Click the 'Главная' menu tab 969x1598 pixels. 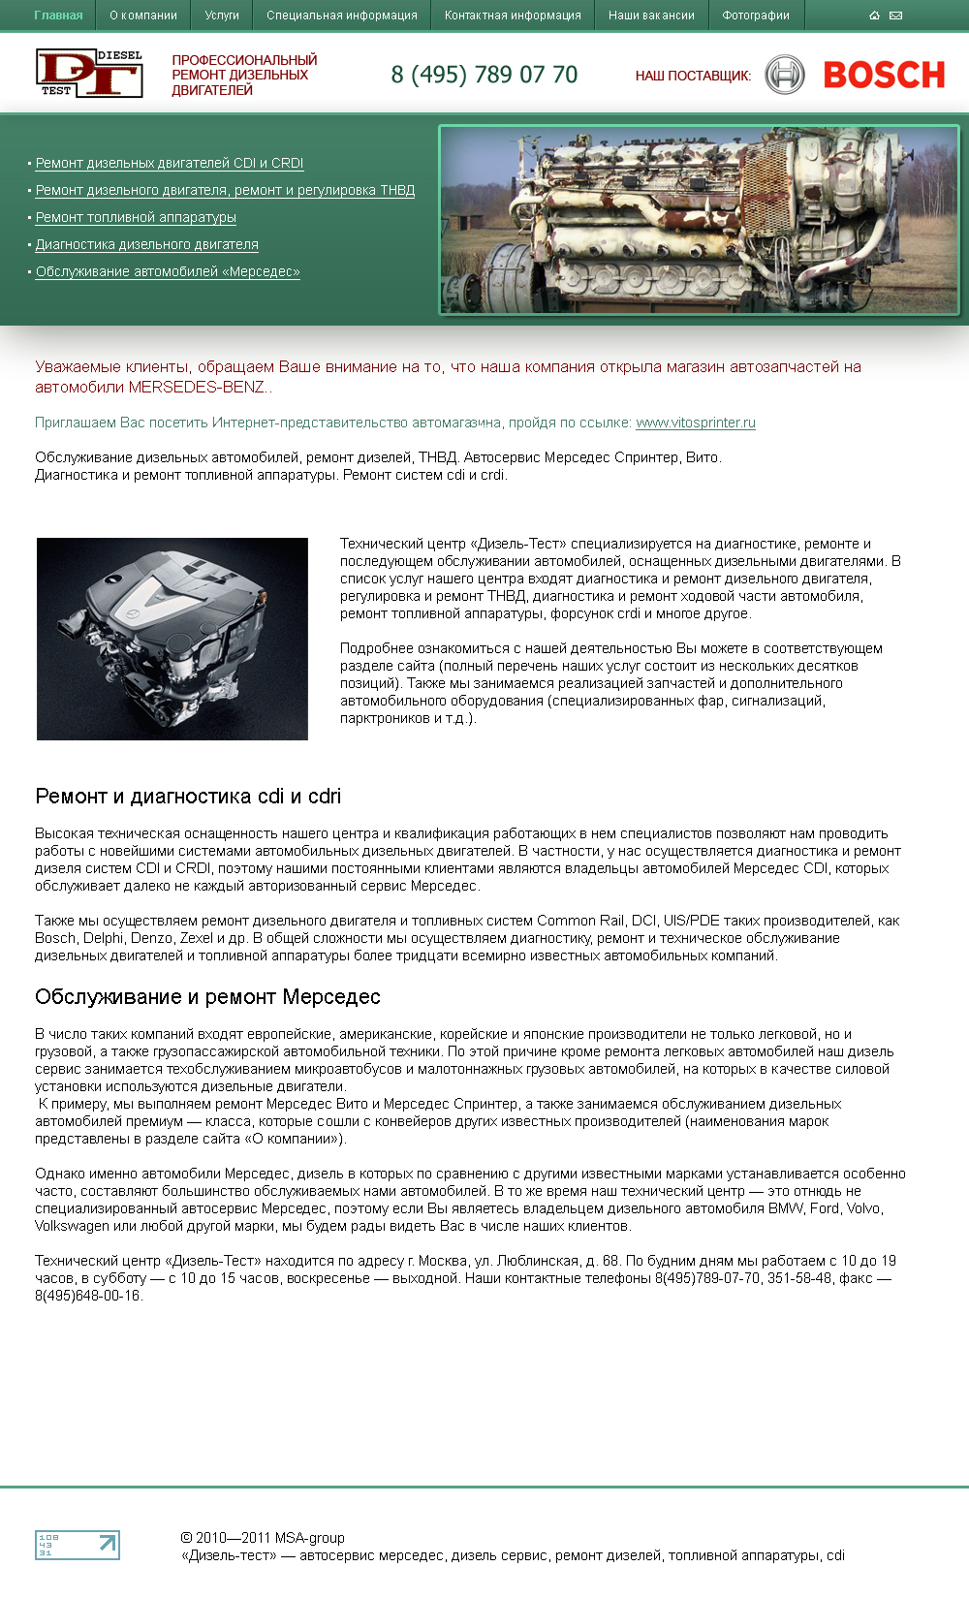[x=58, y=16]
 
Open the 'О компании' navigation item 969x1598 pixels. [x=143, y=16]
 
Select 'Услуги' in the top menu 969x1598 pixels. [x=222, y=16]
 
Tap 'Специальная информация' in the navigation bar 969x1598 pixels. [x=342, y=16]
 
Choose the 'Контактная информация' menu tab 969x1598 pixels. [x=513, y=16]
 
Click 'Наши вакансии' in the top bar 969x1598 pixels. [x=651, y=16]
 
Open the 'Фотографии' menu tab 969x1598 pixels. [x=756, y=16]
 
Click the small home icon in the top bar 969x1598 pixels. [x=875, y=16]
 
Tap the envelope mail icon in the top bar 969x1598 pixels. [x=896, y=16]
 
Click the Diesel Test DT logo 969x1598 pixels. [x=89, y=74]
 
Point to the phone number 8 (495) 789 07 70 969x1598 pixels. [x=484, y=75]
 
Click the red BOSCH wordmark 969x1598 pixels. [x=884, y=76]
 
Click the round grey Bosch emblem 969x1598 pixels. [x=785, y=75]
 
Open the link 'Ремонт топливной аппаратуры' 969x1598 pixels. [x=136, y=218]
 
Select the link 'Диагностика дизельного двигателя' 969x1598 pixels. [x=147, y=245]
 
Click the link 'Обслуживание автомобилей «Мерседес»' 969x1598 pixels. [x=168, y=272]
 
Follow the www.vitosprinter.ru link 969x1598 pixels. [x=696, y=423]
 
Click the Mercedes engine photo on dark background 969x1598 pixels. [x=172, y=640]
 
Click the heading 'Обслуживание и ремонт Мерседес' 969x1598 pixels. [x=207, y=997]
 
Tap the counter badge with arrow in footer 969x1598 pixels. [x=78, y=1545]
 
